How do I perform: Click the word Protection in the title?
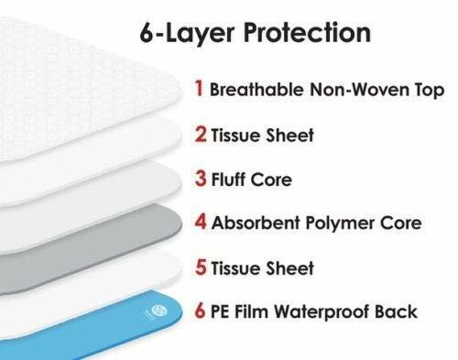point(310,36)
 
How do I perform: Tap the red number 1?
point(198,90)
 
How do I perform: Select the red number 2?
point(198,136)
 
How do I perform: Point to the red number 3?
point(198,180)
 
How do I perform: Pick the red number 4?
point(199,224)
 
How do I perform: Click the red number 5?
point(199,268)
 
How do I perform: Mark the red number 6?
point(199,312)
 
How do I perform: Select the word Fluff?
point(229,180)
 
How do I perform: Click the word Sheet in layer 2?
point(289,136)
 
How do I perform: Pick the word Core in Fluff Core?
point(273,180)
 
